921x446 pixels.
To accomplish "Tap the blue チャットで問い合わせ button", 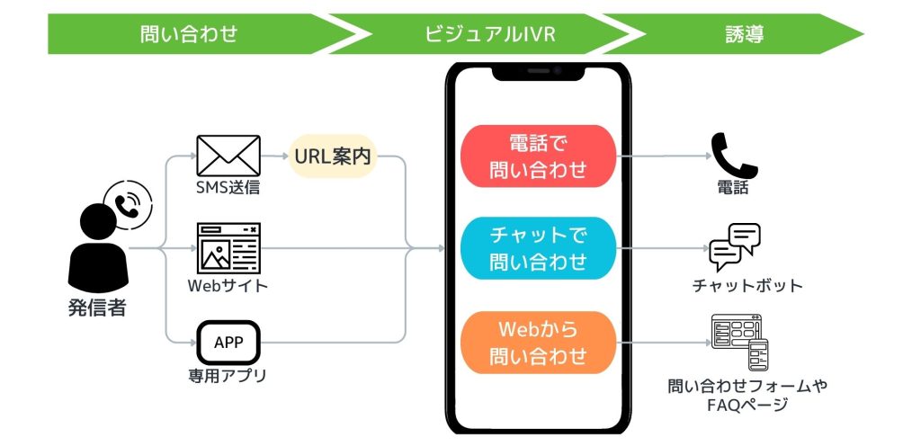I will [538, 248].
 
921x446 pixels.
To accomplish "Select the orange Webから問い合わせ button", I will [538, 342].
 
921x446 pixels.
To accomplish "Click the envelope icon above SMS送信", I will [228, 155].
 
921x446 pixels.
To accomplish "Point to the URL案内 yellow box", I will [333, 156].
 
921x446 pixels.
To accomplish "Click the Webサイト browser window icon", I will [228, 248].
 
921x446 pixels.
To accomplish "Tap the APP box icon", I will [228, 342].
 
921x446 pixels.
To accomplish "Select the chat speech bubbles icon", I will [735, 247].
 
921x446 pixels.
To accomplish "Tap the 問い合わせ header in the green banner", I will [189, 35].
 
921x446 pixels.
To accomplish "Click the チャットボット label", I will [747, 286].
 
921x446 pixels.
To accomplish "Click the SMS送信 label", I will [228, 189].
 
